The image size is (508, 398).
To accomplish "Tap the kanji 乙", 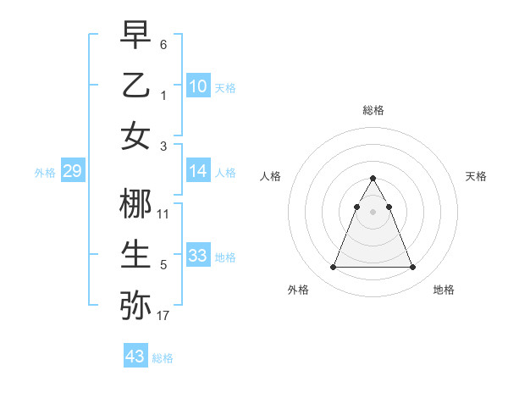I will [x=135, y=86].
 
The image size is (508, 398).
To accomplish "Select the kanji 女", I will [x=135, y=136].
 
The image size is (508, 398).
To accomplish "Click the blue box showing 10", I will [x=198, y=86].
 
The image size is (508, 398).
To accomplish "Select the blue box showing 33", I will [x=198, y=256].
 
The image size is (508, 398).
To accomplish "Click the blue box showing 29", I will [x=72, y=172].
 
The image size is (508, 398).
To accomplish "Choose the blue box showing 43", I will [x=135, y=357].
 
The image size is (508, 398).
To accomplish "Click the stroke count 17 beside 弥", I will [x=163, y=316].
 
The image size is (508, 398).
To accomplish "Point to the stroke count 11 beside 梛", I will [x=163, y=214].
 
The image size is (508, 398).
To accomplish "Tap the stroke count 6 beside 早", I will [x=163, y=43].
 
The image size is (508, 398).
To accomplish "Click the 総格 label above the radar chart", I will [x=373, y=110].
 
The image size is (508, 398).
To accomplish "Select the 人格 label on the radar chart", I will [x=271, y=176].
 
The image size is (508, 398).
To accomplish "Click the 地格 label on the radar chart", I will [x=444, y=290].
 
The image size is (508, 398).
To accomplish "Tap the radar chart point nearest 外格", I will [x=333, y=268].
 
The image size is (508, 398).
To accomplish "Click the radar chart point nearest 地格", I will [x=413, y=268].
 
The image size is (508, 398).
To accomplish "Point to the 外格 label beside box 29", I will [x=45, y=173].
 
